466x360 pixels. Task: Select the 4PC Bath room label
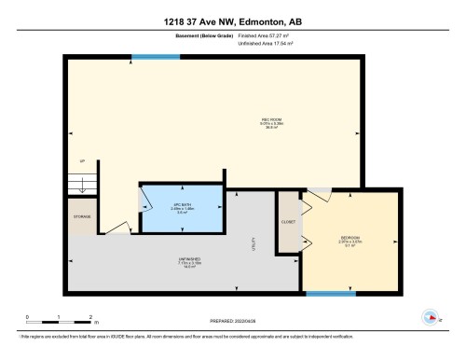[x=182, y=207]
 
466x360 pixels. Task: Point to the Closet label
[x=288, y=222]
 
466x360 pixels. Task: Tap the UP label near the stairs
[x=82, y=161]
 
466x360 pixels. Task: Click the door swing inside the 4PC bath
[x=147, y=201]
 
